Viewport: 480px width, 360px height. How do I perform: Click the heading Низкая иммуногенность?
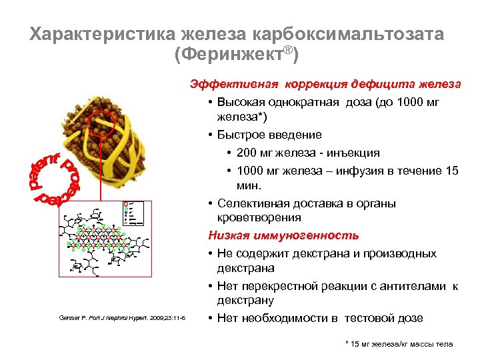283,235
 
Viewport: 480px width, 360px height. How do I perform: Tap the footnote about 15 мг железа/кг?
399,344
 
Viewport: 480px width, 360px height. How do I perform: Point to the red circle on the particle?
103,125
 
